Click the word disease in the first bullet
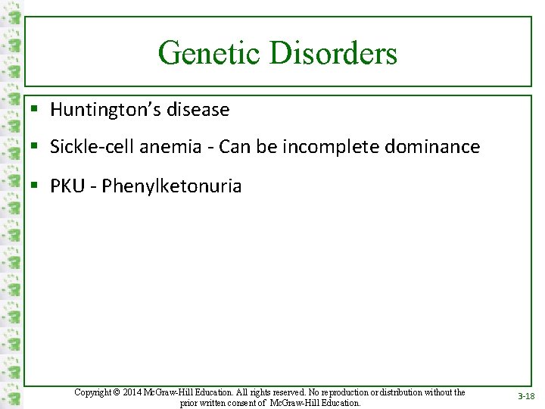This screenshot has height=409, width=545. click(x=199, y=110)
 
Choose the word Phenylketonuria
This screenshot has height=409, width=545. click(x=172, y=186)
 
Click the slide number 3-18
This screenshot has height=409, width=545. click(x=526, y=397)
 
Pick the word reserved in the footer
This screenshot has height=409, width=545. click(x=283, y=392)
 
